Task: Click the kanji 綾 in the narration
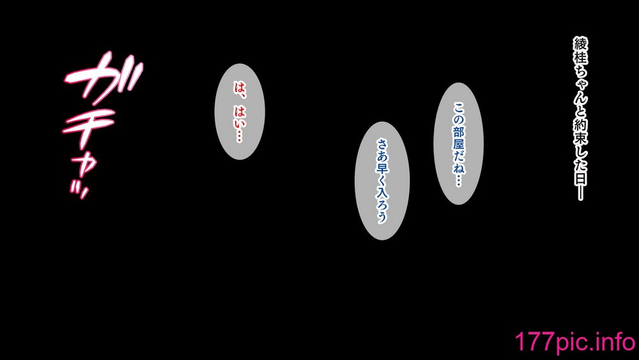(x=581, y=43)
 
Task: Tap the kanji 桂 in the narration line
(x=581, y=58)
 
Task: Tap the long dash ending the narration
(x=581, y=193)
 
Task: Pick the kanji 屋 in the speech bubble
(x=459, y=145)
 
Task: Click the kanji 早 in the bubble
(x=382, y=168)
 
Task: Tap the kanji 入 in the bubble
(x=382, y=192)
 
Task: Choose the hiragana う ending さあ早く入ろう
(x=382, y=217)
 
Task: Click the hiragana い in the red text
(x=240, y=123)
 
